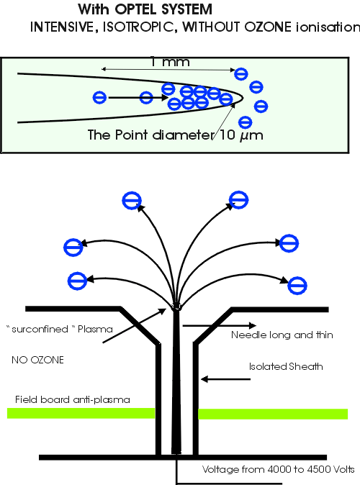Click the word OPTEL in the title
[x=136, y=9]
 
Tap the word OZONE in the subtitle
[x=268, y=27]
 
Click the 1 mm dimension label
[x=170, y=62]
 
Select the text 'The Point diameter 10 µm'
[x=175, y=135]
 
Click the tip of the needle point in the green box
[x=243, y=98]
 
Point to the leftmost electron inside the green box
[x=99, y=97]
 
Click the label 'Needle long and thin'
[x=282, y=335]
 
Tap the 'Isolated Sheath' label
[x=286, y=366]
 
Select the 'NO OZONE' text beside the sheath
[x=37, y=360]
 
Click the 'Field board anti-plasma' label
[x=73, y=399]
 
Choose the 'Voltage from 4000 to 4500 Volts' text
[x=279, y=469]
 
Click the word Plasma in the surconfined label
[x=95, y=329]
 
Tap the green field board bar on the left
[x=81, y=413]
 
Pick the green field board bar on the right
[x=273, y=414]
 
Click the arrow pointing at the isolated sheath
[x=225, y=379]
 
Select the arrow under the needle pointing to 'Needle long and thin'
[x=220, y=325]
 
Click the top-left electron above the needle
[x=132, y=201]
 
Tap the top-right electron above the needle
[x=238, y=200]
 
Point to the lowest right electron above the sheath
[x=297, y=285]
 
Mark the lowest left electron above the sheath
[x=77, y=281]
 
